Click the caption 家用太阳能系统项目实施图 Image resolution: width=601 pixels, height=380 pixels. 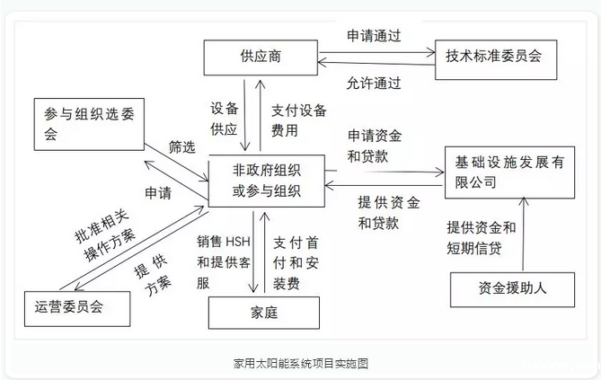point(300,364)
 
